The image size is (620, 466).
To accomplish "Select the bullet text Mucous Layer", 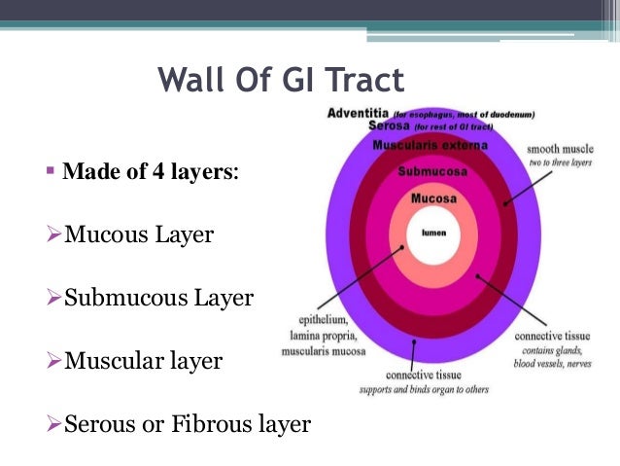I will tap(139, 234).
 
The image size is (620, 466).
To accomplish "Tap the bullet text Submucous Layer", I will tap(158, 298).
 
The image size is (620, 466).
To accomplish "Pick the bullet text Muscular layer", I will tap(143, 361).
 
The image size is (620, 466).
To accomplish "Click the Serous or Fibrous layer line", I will tap(187, 424).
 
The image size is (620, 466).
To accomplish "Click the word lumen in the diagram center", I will tap(433, 233).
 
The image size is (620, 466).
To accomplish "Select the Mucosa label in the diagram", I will tap(433, 198).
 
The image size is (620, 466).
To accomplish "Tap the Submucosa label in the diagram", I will tap(433, 172).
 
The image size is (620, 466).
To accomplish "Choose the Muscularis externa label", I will tap(432, 145).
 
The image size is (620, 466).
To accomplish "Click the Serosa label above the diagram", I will tap(389, 126).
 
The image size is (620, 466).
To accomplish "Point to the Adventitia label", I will tap(359, 113).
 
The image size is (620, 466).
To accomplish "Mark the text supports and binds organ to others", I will tap(424, 390).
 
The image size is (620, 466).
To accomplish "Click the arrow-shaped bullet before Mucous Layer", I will tap(55, 235).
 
